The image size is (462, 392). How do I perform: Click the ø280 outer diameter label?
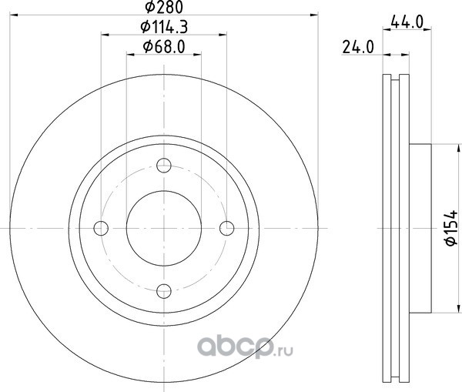tap(164, 7)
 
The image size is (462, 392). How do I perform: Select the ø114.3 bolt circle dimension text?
tap(164, 27)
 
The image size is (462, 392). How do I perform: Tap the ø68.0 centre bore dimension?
tap(164, 47)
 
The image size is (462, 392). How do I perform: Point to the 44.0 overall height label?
tap(407, 22)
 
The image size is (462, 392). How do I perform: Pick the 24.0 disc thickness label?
tap(358, 47)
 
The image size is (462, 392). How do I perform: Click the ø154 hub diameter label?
tap(450, 228)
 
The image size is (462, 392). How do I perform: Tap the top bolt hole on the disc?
tap(164, 166)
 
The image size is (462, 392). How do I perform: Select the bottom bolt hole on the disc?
tap(164, 291)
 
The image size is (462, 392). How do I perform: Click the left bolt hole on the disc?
tap(101, 228)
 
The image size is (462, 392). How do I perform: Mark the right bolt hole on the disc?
tap(227, 228)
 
